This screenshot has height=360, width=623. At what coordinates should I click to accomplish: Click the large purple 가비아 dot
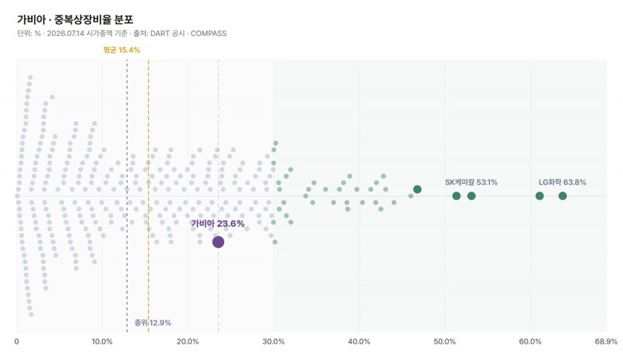point(218,242)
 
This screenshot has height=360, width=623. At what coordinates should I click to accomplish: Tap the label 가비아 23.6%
point(218,224)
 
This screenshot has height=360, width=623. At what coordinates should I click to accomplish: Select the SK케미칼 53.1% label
point(471,182)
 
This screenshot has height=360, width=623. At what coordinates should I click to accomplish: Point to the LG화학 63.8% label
point(562,182)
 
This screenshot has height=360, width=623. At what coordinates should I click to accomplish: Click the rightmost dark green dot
point(562,196)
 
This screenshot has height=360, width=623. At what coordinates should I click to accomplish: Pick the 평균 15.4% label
point(121,50)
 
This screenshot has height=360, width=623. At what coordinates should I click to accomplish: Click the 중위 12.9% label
point(153,323)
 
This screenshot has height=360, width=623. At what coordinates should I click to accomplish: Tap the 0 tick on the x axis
point(16,342)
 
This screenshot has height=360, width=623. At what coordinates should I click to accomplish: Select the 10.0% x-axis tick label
point(102,342)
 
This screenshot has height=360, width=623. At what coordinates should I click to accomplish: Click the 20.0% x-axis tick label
point(188,342)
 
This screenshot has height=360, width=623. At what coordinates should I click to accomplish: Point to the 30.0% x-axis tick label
point(273,342)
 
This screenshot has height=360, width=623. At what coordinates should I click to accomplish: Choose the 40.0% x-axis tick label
point(359,342)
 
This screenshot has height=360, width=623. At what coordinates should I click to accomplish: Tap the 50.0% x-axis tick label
point(445,342)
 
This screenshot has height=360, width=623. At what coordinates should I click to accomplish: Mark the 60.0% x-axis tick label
point(530,342)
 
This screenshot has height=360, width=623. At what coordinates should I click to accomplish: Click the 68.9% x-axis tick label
point(607,342)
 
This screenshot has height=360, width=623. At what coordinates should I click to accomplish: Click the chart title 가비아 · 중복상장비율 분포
point(76,19)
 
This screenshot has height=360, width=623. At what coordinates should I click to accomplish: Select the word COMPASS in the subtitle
point(209,34)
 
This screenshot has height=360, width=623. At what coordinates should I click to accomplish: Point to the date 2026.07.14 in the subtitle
point(65,34)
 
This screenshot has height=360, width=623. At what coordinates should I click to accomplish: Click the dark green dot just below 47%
point(417,189)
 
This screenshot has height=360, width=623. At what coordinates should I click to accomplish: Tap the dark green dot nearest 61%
point(540,196)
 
